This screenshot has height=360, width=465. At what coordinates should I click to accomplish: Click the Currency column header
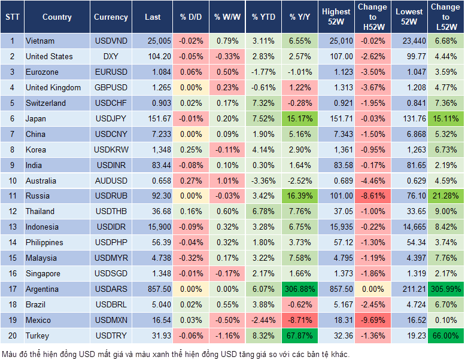(111, 17)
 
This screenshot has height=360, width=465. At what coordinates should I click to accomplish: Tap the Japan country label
(36, 118)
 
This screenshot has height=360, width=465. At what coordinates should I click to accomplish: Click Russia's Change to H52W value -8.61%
(372, 196)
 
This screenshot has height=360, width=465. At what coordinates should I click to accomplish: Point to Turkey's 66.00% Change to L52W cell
(445, 335)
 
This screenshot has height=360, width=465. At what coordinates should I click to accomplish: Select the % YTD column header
(263, 17)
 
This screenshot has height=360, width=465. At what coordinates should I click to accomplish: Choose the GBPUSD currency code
(111, 87)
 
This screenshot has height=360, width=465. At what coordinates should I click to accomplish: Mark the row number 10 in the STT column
(12, 181)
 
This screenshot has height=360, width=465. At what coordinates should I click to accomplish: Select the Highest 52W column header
(336, 17)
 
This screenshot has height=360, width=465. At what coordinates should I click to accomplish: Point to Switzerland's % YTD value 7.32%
(263, 103)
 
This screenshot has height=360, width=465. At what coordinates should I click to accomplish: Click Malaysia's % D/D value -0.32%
(191, 258)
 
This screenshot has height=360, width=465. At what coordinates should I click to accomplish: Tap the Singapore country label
(42, 273)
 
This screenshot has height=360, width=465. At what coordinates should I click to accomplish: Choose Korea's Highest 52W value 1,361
(336, 150)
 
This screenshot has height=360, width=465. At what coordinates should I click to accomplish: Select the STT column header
(12, 17)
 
